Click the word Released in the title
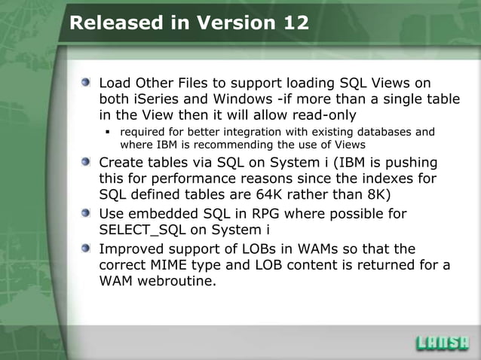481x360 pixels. click(111, 23)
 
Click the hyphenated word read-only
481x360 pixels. click(320, 116)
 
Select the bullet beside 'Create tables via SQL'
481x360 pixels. click(88, 163)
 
